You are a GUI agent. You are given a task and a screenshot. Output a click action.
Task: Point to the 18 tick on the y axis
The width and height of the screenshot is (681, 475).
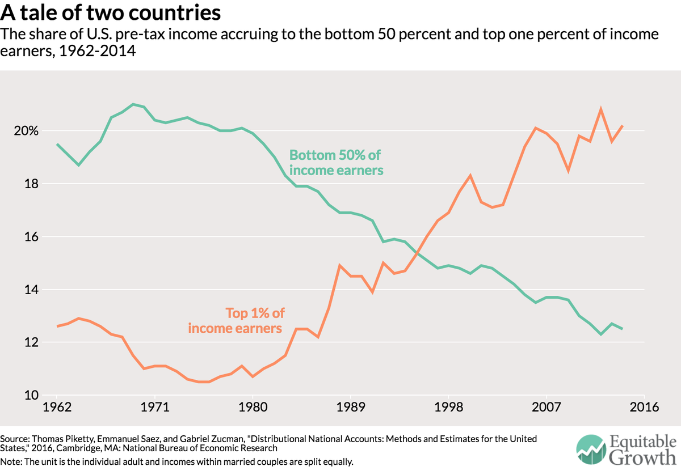32,184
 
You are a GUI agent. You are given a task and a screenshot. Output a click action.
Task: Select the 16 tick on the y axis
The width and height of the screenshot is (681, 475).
32,237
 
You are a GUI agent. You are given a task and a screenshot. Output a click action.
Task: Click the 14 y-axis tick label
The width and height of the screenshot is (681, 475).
32,290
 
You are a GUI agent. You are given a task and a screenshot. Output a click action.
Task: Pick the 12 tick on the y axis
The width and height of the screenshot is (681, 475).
32,342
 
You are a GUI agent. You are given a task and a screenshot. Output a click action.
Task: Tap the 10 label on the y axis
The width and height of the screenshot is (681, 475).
32,396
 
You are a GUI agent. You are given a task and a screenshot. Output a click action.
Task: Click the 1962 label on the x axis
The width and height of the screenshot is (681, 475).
57,408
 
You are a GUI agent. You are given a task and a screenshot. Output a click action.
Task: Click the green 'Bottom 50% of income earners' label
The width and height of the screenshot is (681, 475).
336,162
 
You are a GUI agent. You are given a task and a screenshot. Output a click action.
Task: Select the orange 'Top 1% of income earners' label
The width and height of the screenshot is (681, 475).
235,320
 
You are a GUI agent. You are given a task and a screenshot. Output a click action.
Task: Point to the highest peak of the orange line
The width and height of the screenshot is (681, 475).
600,109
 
